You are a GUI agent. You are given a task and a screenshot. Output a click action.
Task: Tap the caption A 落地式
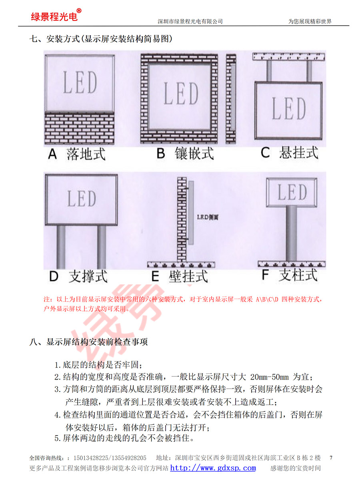tap(76, 154)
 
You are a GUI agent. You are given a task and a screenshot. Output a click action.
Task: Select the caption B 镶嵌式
tap(185, 153)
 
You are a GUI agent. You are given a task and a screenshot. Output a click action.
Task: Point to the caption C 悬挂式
tap(289, 153)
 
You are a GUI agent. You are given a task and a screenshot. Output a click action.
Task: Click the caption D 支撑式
tap(78, 276)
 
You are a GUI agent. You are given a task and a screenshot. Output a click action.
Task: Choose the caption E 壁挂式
tap(180, 276)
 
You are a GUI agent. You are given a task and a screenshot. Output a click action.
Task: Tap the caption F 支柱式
tap(290, 275)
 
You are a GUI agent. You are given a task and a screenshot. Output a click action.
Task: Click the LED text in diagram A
tap(80, 82)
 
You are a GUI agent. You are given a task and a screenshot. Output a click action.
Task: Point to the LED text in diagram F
tap(292, 192)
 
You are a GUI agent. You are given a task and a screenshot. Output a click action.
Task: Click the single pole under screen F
tap(291, 234)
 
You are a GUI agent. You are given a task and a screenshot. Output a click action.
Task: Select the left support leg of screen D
tap(61, 247)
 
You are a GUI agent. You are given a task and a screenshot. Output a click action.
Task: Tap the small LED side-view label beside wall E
tap(208, 217)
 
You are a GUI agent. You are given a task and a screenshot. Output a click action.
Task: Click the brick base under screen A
tap(80, 128)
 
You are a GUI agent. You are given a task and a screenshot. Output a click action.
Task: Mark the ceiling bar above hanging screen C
tap(288, 57)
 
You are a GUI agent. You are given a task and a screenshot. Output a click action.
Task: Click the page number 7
tap(331, 458)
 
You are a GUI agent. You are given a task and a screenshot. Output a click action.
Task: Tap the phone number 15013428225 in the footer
tap(91, 458)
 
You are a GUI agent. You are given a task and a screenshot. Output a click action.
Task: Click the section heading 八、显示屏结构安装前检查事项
tap(88, 342)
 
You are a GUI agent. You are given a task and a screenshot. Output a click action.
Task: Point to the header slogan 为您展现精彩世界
tap(310, 21)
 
